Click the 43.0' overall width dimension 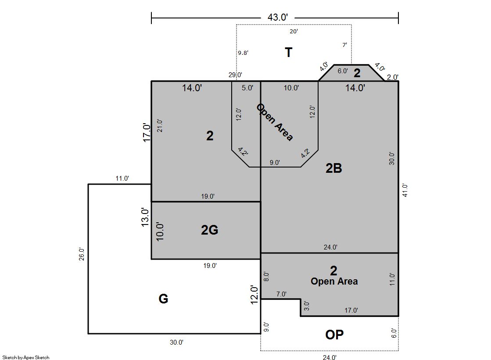277,17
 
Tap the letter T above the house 288,52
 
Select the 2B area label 334,168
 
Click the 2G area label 209,230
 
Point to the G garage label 163,299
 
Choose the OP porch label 334,335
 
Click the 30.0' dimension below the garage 176,342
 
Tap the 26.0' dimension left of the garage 82,254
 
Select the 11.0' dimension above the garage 122,178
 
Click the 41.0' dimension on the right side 405,190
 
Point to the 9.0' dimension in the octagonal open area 275,163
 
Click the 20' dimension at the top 294,31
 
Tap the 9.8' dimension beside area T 243,53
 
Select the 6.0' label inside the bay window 343,71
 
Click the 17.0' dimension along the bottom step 351,310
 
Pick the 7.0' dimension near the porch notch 281,294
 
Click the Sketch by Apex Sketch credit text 26,357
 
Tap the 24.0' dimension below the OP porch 330,357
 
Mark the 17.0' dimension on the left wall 147,132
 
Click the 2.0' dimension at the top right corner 393,77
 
